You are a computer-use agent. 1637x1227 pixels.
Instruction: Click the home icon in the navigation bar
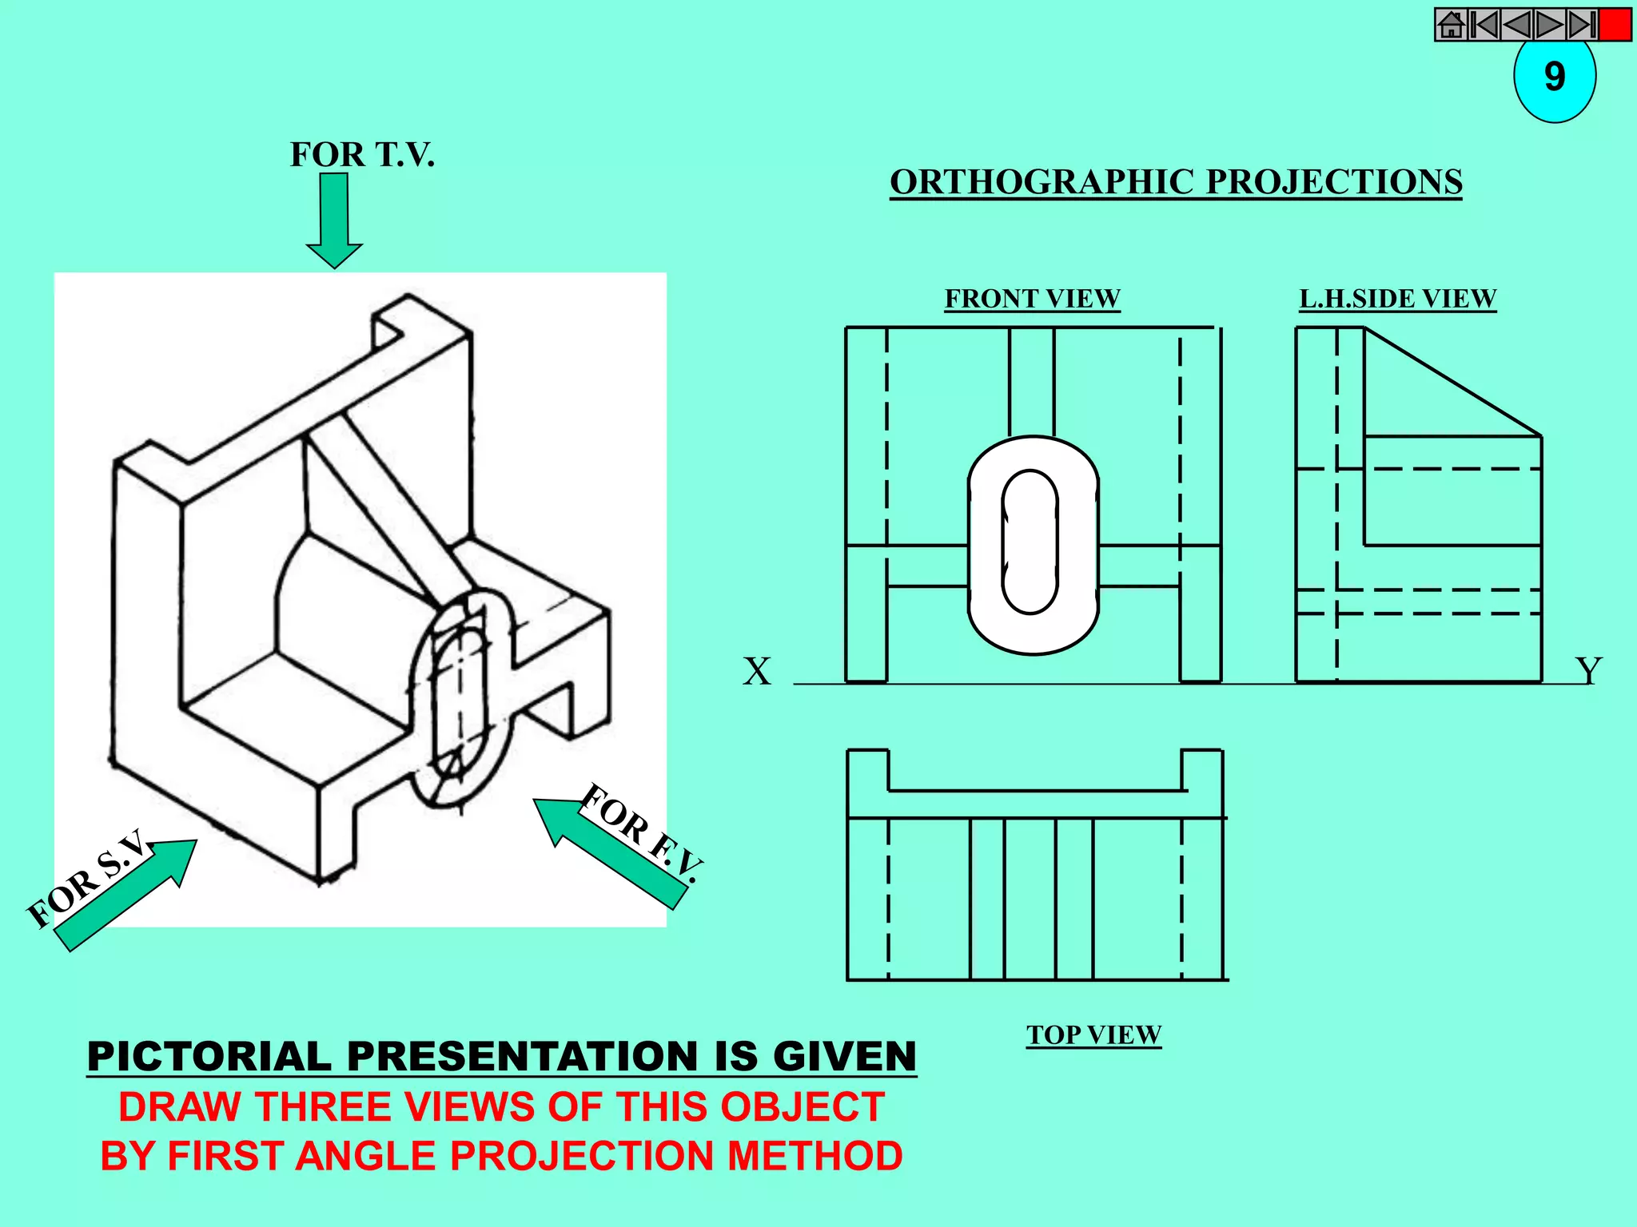[1451, 25]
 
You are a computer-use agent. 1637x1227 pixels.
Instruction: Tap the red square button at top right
[1615, 25]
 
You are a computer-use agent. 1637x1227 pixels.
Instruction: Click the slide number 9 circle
[1554, 78]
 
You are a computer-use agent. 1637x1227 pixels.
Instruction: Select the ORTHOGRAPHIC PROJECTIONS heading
[1176, 182]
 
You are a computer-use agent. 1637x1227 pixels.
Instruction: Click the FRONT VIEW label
[1032, 299]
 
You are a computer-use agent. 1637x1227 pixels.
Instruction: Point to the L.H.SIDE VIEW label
[1397, 299]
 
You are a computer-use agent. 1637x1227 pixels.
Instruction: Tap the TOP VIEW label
[1093, 1035]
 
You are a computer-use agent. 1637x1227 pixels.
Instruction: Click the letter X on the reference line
[756, 671]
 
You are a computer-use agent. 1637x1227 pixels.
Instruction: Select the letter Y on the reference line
[1588, 671]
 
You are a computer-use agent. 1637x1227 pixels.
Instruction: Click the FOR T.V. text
[362, 154]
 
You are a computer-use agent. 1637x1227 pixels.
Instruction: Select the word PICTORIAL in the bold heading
[209, 1056]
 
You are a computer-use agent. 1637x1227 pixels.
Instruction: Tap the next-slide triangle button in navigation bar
[1549, 25]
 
